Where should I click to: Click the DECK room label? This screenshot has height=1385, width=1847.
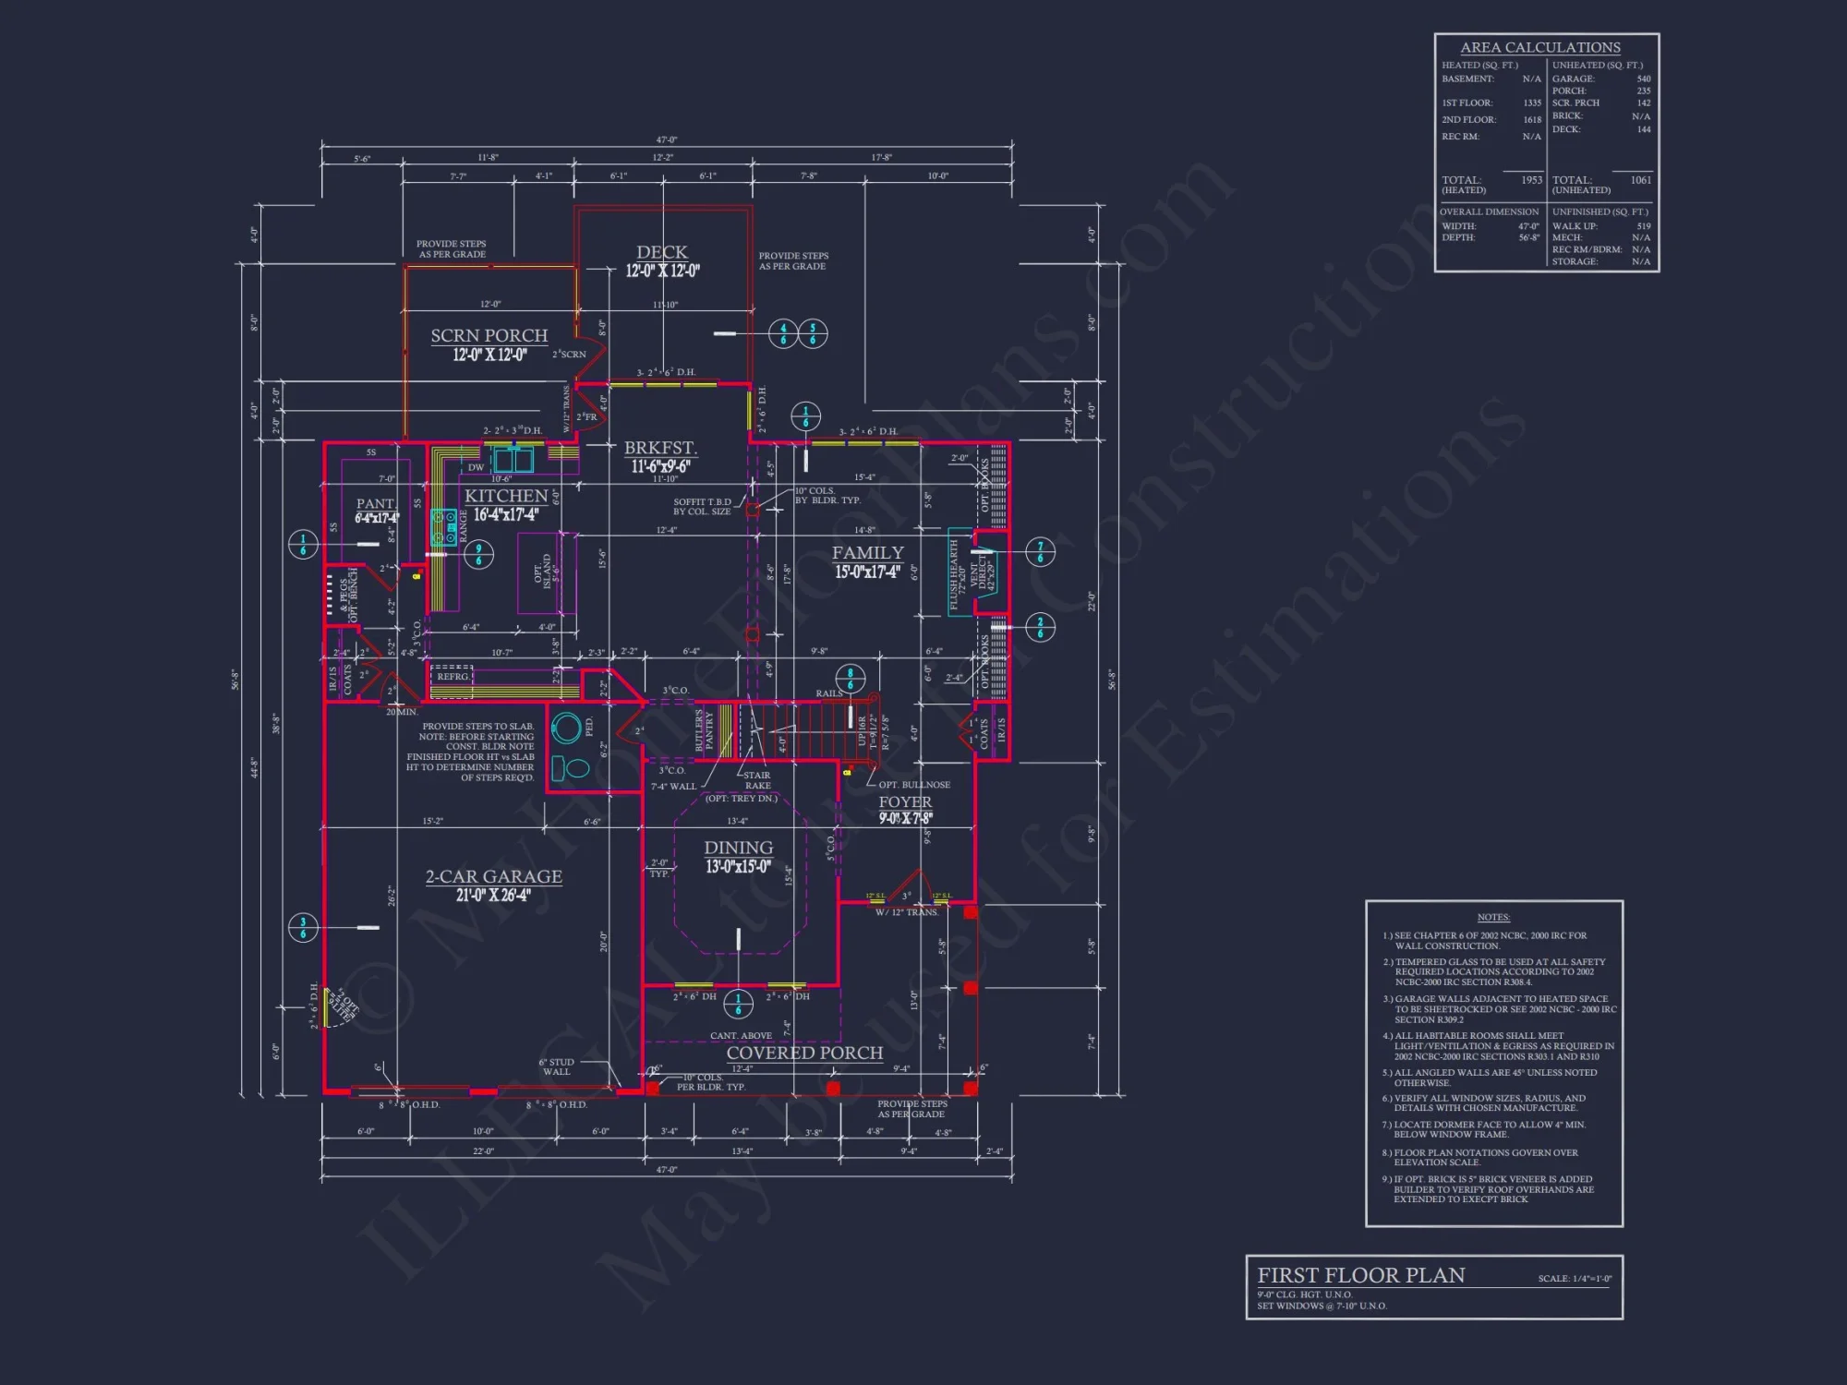tap(661, 252)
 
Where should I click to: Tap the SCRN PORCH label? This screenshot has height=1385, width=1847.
tap(489, 335)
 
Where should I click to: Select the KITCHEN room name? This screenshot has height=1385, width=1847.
tap(506, 496)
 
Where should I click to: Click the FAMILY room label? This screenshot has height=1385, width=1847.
tap(867, 553)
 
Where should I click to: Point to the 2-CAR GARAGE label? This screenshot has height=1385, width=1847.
tap(493, 876)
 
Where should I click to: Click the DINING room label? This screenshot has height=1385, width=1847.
tap(738, 848)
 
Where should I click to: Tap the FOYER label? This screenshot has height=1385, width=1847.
tap(904, 802)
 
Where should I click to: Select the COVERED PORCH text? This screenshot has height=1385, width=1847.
tap(804, 1053)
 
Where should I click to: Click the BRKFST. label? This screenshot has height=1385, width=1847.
tap(660, 448)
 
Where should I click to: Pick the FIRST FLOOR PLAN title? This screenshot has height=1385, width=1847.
tap(1360, 1275)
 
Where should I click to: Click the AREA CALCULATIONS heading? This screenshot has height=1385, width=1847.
tap(1539, 47)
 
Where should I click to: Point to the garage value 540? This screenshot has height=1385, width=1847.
tap(1643, 78)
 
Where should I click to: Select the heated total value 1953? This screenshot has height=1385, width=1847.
tap(1531, 180)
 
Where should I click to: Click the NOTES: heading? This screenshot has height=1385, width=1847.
tap(1493, 917)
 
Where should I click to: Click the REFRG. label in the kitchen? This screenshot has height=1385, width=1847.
tap(453, 677)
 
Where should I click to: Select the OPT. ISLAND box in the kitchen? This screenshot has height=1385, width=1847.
tap(546, 572)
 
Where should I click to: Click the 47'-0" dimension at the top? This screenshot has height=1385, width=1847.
tap(666, 140)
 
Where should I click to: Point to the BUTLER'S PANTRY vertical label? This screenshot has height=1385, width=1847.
tap(704, 730)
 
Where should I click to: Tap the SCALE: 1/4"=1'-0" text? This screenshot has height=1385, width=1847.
tap(1575, 1279)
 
